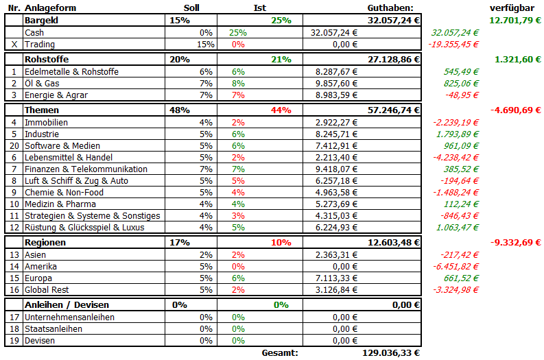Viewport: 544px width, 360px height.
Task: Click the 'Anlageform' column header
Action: click(50, 8)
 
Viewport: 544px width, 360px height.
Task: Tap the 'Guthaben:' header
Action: click(390, 8)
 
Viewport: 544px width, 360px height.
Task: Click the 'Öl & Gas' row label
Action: click(43, 83)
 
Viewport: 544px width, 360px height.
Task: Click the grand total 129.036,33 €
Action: click(390, 352)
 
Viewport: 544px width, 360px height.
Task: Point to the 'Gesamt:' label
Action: click(280, 352)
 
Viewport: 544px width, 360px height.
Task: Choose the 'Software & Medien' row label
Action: click(62, 145)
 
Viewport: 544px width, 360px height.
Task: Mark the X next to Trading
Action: click(14, 44)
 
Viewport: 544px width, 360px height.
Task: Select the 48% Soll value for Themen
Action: click(179, 110)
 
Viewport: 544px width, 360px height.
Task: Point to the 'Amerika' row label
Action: click(41, 266)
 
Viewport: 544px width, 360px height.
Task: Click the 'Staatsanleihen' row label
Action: click(53, 328)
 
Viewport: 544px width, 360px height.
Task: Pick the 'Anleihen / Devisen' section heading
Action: click(67, 304)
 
